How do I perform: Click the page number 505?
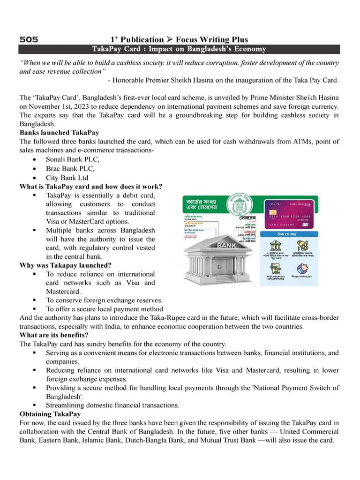[x=29, y=39]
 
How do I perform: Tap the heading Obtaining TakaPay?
[x=50, y=414]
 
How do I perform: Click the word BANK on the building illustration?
[x=226, y=245]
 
